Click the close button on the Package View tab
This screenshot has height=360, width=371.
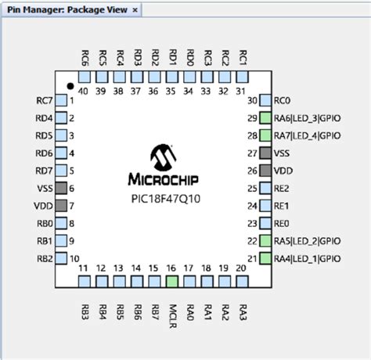(135, 9)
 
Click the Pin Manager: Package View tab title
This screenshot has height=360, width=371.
(67, 9)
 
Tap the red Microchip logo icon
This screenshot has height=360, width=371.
(163, 156)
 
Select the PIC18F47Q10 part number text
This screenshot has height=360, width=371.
(163, 199)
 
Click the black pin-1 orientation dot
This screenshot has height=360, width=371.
(70, 85)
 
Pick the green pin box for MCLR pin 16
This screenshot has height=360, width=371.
(171, 281)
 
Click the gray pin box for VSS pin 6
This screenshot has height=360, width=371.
(60, 188)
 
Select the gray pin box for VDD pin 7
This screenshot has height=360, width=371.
(60, 205)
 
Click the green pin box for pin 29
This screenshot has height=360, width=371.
(266, 118)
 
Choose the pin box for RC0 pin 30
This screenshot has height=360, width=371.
(266, 100)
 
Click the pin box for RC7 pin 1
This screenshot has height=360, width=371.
(60, 100)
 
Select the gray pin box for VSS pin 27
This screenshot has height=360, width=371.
(266, 153)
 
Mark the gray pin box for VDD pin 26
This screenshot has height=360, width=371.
(266, 171)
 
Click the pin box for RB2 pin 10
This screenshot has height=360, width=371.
(60, 258)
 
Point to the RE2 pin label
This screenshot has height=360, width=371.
(282, 188)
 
